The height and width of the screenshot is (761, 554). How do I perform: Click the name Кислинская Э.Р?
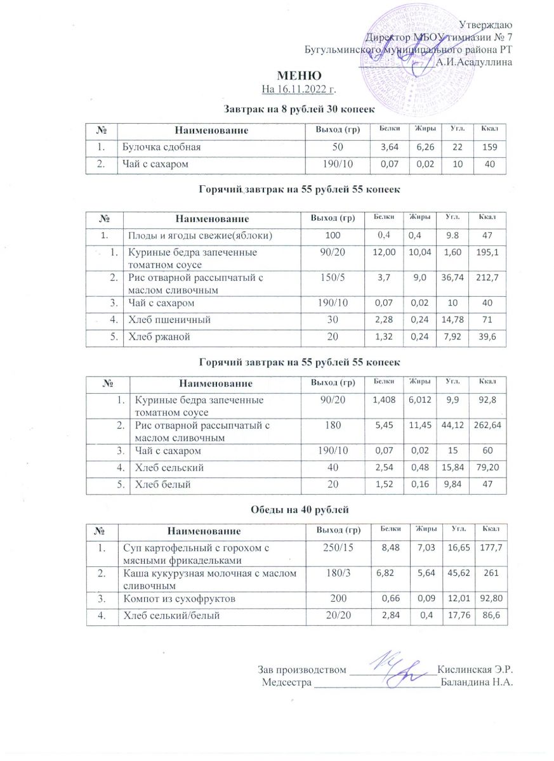tap(475, 670)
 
